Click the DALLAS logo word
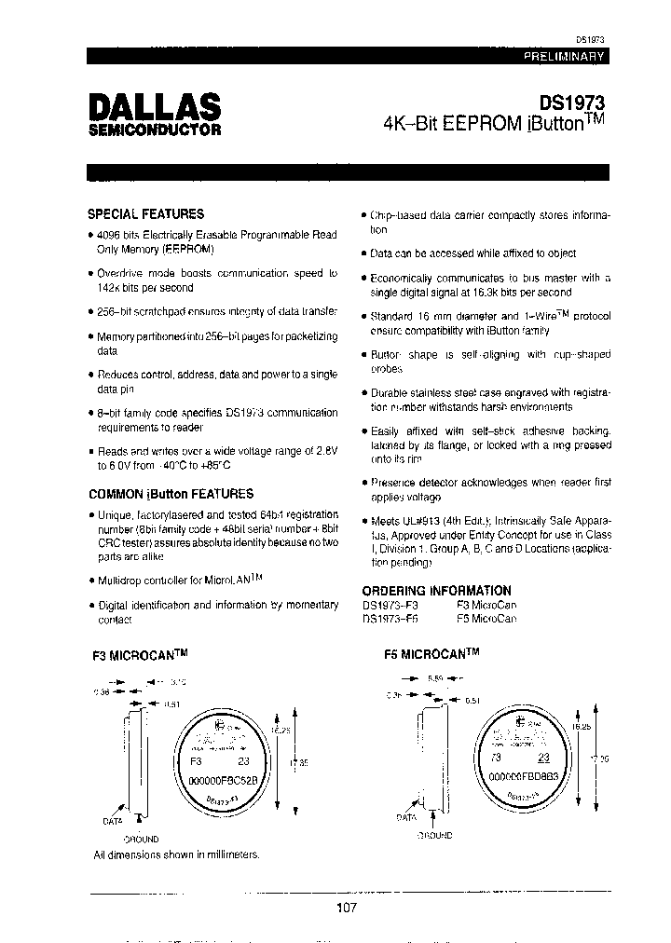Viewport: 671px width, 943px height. point(154,104)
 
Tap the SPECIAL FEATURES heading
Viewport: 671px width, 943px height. point(145,213)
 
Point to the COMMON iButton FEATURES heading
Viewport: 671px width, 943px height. point(171,494)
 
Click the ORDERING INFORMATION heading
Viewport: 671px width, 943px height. point(436,590)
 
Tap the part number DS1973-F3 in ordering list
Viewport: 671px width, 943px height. point(390,605)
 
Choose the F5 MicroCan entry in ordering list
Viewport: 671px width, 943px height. point(486,619)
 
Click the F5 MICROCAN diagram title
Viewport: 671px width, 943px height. point(431,655)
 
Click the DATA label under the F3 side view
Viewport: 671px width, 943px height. point(114,822)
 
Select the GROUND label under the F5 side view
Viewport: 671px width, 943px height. point(430,835)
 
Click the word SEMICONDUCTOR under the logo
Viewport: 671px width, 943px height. point(154,130)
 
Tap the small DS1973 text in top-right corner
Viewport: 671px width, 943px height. point(590,40)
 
